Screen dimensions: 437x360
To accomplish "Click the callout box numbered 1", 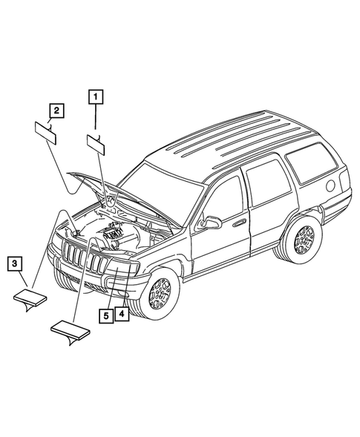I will click(x=96, y=95).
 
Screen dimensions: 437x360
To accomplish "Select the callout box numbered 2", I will click(x=56, y=111).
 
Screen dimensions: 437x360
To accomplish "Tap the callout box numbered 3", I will click(x=16, y=263).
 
